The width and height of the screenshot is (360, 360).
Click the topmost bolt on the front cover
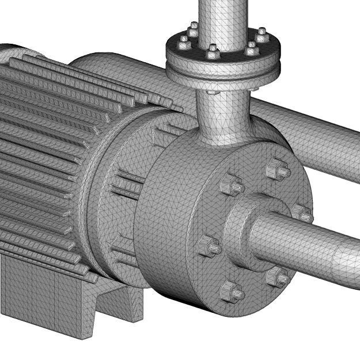coord(277,171)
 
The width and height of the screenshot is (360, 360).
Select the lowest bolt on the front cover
coord(232,293)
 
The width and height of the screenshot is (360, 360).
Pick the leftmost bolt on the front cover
coord(208,247)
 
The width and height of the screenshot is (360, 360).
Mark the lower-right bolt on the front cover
coord(278,278)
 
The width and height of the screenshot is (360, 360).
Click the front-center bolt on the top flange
coord(212,52)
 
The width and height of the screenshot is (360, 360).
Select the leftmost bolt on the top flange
coord(184,41)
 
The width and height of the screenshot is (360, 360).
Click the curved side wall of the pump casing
coord(167,230)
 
